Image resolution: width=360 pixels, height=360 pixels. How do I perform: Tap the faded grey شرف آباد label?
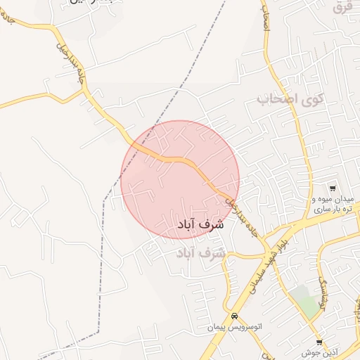(x=201, y=252)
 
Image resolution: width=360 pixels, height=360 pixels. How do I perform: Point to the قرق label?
(x=342, y=7)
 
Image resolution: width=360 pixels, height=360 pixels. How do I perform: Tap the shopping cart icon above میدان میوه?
(x=332, y=188)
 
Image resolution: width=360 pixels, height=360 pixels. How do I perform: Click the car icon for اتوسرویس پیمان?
(x=233, y=316)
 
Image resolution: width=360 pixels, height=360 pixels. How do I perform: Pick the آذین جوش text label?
(x=316, y=352)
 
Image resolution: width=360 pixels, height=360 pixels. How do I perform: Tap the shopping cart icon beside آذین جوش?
(x=319, y=341)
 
